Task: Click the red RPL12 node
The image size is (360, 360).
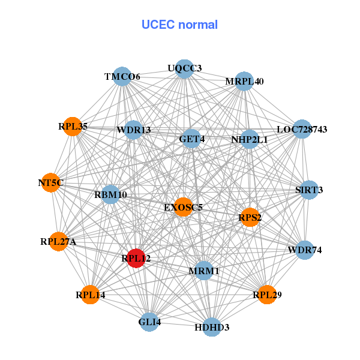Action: tap(136, 259)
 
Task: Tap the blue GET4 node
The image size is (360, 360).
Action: tap(191, 139)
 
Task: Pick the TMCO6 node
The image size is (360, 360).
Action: tap(122, 76)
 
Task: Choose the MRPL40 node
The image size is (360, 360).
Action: tap(244, 81)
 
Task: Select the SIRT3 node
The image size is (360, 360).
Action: tap(309, 190)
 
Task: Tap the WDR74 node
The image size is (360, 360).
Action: tap(305, 250)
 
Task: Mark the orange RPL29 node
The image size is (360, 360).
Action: tap(267, 295)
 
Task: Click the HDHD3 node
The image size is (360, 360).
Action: tap(212, 327)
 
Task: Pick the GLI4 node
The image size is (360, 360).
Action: tap(149, 322)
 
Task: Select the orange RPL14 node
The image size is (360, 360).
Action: tap(90, 295)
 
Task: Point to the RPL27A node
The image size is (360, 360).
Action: tap(59, 242)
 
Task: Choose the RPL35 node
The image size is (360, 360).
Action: tap(73, 127)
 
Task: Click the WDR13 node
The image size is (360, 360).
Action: tap(134, 130)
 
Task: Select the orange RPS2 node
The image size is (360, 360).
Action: tap(250, 217)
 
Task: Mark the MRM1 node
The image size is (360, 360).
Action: tap(204, 271)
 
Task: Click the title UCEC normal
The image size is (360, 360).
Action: tap(179, 25)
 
